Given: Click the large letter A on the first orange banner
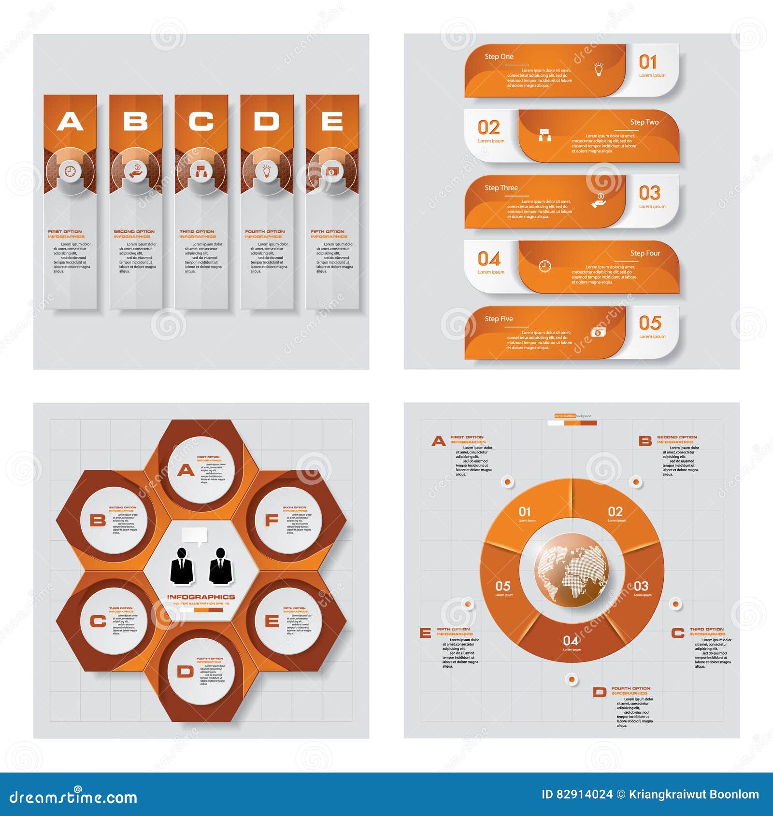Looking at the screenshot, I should pos(70,121).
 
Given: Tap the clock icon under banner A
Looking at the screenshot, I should pos(70,171).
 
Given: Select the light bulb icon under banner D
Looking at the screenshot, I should pos(267,171).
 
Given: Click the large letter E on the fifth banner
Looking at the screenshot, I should pos(332,121).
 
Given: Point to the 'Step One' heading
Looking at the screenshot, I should pos(499,56).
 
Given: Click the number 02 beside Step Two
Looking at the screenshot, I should pos(488,128).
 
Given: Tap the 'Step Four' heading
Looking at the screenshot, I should pos(645,253).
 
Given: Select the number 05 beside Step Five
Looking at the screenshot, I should pos(650,323).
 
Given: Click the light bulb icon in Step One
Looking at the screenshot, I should pos(599,70).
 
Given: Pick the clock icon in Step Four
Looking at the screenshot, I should pos(544,266).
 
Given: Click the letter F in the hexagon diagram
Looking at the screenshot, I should pos(272,520).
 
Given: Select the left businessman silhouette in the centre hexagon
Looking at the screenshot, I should pos(182,566).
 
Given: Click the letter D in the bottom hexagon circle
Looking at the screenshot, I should pos(185,672).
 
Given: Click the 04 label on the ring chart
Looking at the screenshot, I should pos(571,641).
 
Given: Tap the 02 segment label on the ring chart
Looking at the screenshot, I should pos(615,512).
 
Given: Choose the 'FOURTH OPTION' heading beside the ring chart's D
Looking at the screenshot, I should pos(630,689).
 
